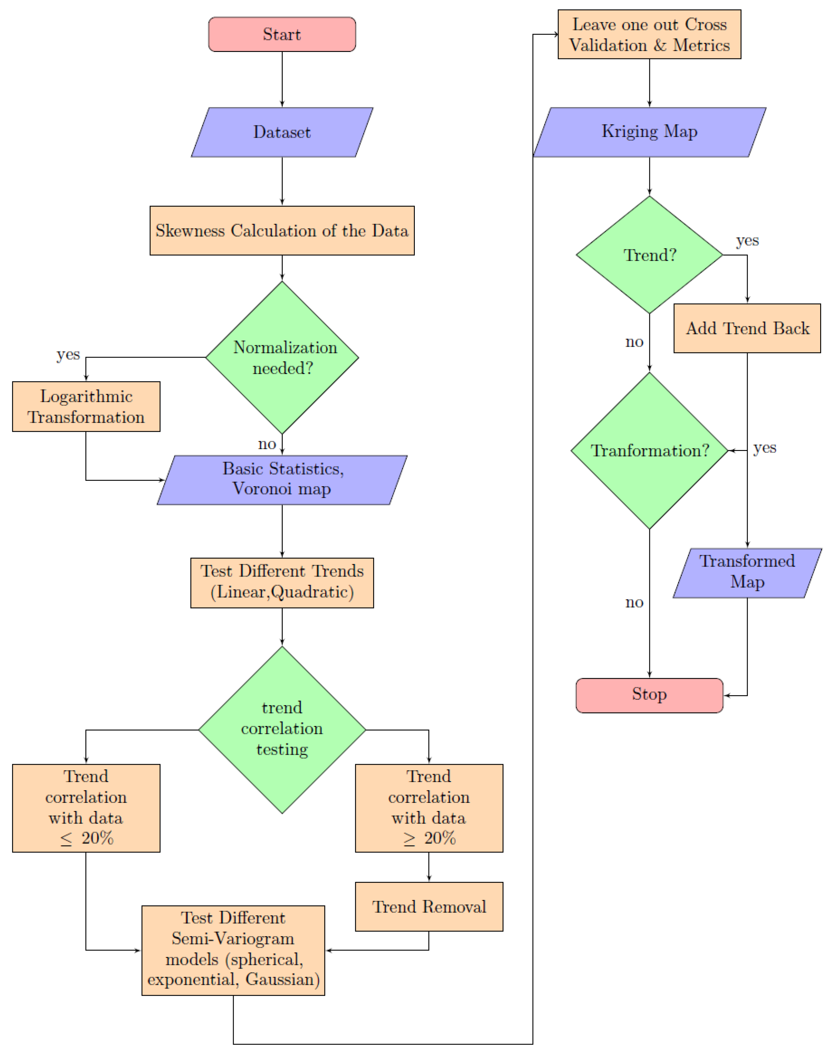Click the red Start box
[282, 34]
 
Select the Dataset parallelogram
[282, 132]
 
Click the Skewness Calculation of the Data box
[282, 230]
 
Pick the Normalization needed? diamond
[282, 358]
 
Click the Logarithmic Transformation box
[86, 407]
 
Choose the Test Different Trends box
[282, 582]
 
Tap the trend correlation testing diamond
[282, 729]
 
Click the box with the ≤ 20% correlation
[86, 808]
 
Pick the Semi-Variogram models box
[233, 950]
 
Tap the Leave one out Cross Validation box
[649, 34]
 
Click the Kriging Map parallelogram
[649, 132]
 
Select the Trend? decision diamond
[649, 255]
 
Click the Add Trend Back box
[747, 328]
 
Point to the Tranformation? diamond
[649, 450]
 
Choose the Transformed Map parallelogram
[747, 573]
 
